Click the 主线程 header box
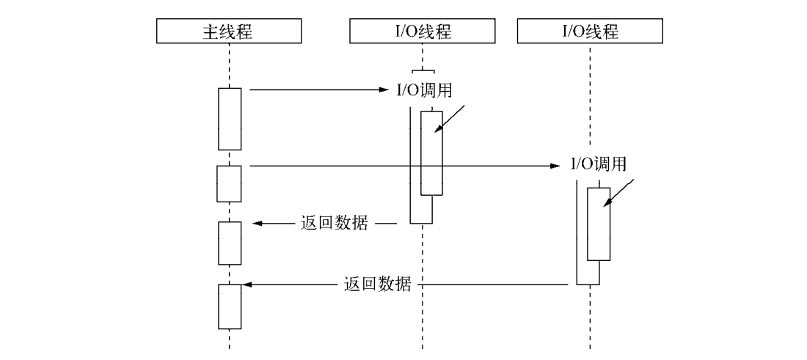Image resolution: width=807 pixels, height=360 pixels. point(229,32)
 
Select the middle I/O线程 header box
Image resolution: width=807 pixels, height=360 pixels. point(423,32)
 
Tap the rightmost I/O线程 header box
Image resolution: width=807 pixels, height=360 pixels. point(590,32)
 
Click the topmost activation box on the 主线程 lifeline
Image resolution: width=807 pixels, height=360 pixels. point(230,119)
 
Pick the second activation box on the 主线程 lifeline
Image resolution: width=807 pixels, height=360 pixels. point(230,183)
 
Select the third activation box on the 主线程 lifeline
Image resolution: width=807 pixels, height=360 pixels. point(230,243)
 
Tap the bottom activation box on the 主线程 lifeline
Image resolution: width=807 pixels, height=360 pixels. point(230,306)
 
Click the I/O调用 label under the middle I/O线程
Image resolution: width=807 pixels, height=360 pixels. point(420,91)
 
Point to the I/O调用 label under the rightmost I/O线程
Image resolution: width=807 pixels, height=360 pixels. point(599,164)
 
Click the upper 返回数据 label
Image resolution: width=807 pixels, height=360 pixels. point(335,222)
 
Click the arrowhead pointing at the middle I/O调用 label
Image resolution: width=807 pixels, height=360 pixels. point(384,90)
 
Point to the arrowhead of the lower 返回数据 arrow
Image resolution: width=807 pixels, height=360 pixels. point(247,284)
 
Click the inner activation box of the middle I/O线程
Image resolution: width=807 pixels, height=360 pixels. point(432,153)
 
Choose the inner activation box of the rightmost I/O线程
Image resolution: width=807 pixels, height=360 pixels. point(599,224)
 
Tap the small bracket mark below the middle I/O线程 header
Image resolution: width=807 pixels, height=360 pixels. point(423,71)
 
